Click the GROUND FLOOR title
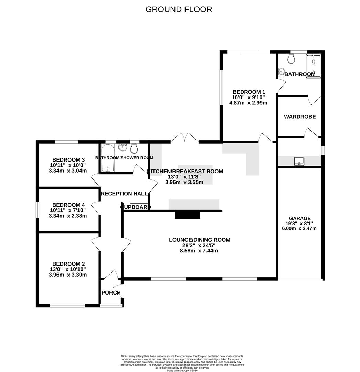pos(179,9)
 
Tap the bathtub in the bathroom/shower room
pos(108,158)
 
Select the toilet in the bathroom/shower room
pos(135,149)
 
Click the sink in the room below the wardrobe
pos(299,161)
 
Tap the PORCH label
pos(111,293)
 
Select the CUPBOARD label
pos(136,207)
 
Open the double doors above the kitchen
pos(184,138)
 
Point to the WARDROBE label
pos(300,117)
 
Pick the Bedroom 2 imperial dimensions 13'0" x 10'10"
pos(68,269)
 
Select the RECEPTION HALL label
pos(124,194)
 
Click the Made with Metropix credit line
pos(182,370)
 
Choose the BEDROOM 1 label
pos(249,92)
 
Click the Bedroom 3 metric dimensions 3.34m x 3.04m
pos(68,170)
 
